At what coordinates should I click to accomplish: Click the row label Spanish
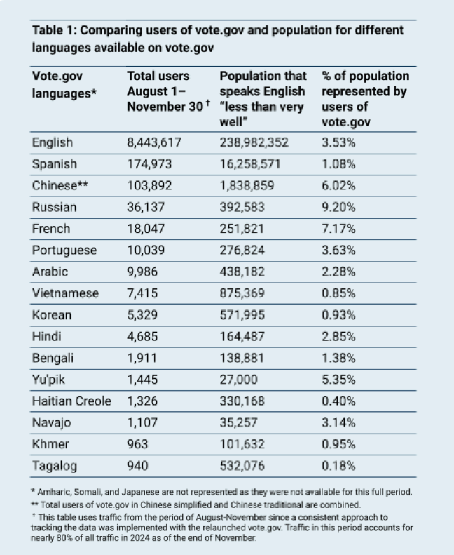[x=55, y=165]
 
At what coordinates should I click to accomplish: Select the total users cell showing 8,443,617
[x=154, y=143]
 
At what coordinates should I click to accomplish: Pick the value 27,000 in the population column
[x=239, y=380]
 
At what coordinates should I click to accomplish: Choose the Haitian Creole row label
[x=71, y=401]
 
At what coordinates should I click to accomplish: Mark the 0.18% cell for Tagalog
[x=338, y=465]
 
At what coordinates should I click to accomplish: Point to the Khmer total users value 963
[x=139, y=444]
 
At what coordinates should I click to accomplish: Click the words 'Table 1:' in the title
[x=55, y=31]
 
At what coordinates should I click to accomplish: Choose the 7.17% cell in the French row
[x=338, y=229]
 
